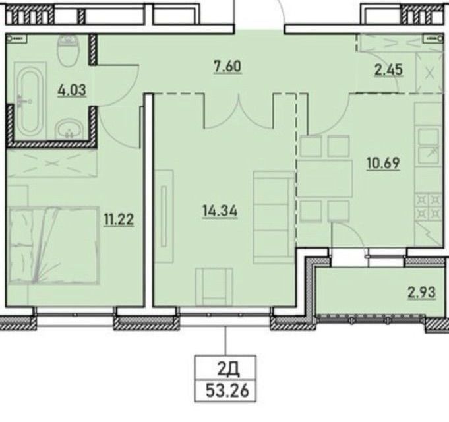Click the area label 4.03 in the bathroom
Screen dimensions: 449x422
tap(72, 90)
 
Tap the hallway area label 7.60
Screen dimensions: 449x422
tap(227, 67)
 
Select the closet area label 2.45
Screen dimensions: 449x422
tap(389, 70)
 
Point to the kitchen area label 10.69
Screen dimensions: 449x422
tap(383, 163)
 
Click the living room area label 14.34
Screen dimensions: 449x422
tap(220, 212)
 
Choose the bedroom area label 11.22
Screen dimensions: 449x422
tap(119, 220)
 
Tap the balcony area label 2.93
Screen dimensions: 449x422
tap(421, 293)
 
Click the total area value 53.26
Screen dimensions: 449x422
tap(227, 390)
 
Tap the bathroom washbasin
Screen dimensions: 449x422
tap(69, 131)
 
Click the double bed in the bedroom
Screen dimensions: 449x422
tap(55, 246)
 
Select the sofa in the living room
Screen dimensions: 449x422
tap(274, 218)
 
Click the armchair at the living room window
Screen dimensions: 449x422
tap(214, 287)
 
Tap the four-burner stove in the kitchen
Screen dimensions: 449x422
tap(427, 206)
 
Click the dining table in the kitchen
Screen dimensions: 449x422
tap(325, 179)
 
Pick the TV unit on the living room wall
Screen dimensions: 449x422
tap(164, 216)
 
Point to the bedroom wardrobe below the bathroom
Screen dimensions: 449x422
tap(52, 163)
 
